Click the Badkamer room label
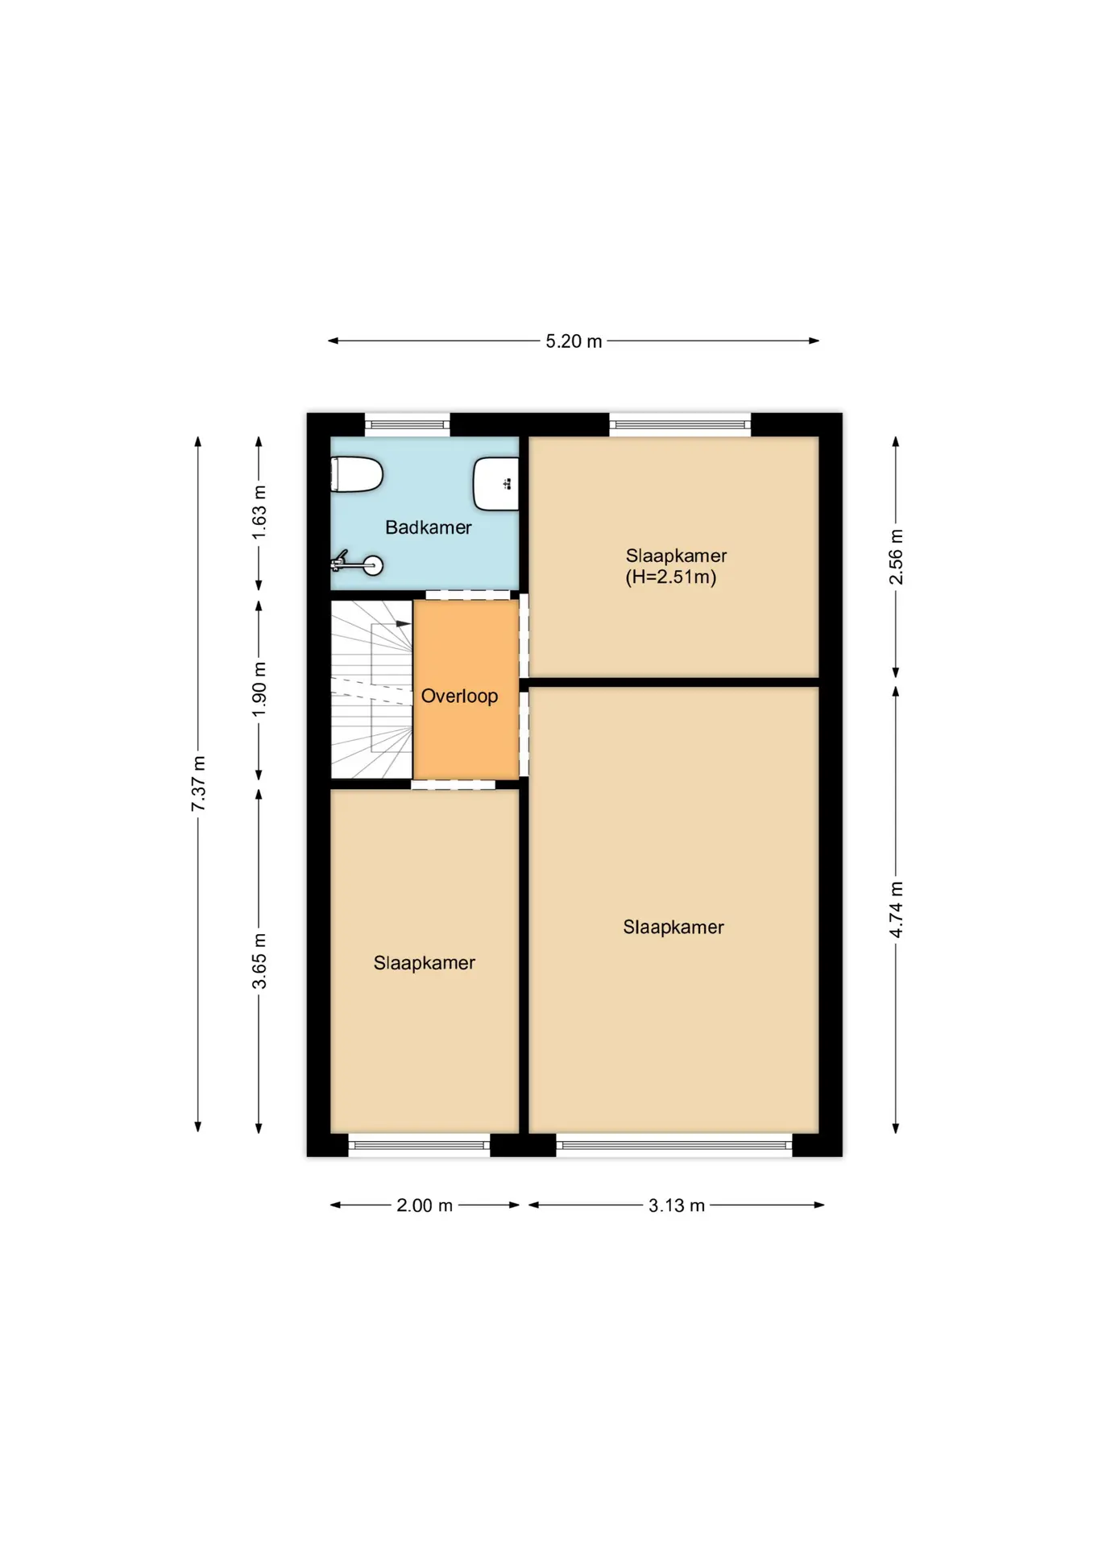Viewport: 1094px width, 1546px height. (428, 527)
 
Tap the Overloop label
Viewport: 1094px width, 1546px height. (459, 696)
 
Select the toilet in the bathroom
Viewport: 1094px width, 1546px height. (356, 474)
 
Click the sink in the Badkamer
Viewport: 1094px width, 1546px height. (495, 484)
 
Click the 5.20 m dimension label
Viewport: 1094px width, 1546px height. (574, 341)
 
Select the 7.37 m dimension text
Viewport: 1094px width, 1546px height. (198, 783)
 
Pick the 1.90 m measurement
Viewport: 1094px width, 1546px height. (259, 689)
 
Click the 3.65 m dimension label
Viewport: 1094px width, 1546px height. (259, 961)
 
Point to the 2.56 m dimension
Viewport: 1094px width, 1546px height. (896, 557)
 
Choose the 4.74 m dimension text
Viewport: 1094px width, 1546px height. (896, 909)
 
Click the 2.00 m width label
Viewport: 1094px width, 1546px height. (425, 1205)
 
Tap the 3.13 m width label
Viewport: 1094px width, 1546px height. (677, 1205)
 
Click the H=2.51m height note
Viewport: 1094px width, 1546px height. (671, 577)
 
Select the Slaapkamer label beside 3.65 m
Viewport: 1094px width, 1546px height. (424, 962)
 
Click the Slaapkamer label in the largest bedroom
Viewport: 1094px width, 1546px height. (673, 927)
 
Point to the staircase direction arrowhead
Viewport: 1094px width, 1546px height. (404, 624)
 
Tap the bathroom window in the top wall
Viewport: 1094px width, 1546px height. (408, 424)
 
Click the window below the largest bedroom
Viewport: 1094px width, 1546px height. (674, 1144)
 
